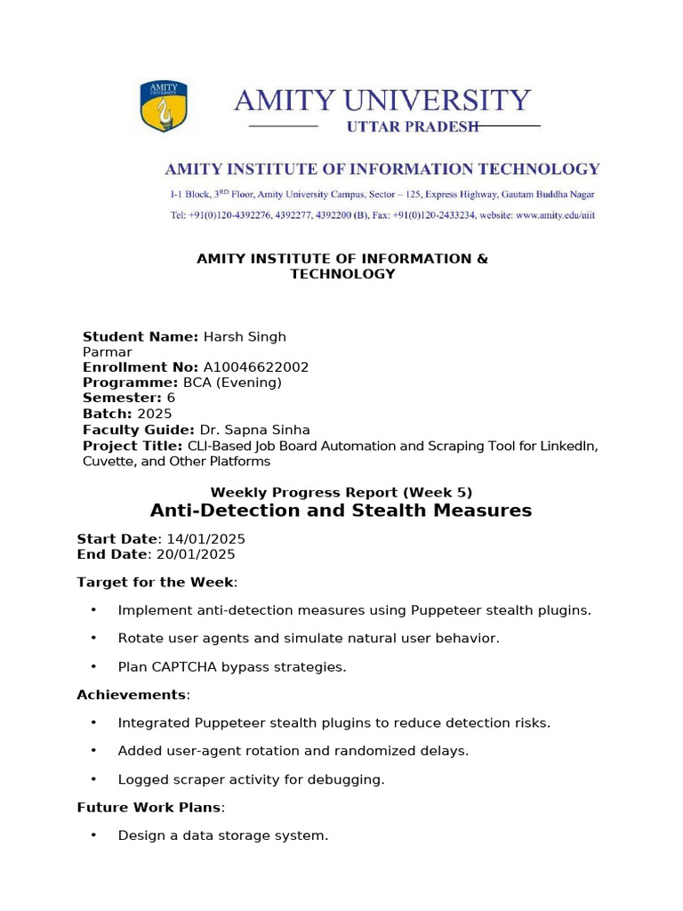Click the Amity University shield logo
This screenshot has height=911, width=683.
[x=165, y=106]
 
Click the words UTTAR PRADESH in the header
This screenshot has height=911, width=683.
[x=412, y=126]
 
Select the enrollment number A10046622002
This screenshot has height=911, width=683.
[x=256, y=367]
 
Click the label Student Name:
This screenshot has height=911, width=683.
[x=141, y=336]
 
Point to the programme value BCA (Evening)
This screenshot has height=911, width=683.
[x=232, y=383]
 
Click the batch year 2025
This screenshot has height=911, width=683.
[x=155, y=414]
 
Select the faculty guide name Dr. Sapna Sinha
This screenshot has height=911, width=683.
[x=254, y=430]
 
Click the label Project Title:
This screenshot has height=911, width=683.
[x=133, y=446]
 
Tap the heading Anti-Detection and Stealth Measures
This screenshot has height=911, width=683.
[x=341, y=511]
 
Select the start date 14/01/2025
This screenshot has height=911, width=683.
[x=201, y=539]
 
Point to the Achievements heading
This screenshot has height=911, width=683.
[x=133, y=694]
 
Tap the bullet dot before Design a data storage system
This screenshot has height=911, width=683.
[x=92, y=835]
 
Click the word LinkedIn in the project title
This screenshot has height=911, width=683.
[x=568, y=446]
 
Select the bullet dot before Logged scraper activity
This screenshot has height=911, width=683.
[x=92, y=779]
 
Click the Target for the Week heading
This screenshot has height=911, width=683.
[x=156, y=582]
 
